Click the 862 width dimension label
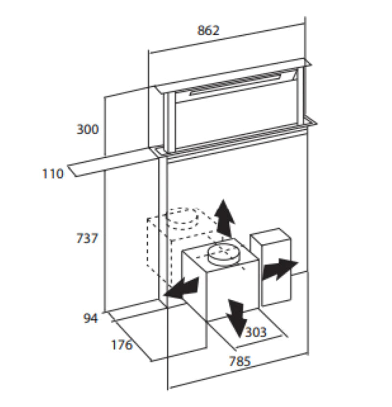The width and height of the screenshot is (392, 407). pyautogui.click(x=208, y=30)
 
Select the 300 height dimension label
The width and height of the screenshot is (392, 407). pyautogui.click(x=87, y=130)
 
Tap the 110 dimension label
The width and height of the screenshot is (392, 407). pyautogui.click(x=52, y=173)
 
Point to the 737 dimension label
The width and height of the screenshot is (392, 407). pyautogui.click(x=87, y=239)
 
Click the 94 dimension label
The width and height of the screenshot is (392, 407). pyautogui.click(x=90, y=318)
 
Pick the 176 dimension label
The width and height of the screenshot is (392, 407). pyautogui.click(x=121, y=345)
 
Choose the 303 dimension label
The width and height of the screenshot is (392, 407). pyautogui.click(x=256, y=333)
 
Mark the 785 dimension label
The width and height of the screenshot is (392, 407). pyautogui.click(x=240, y=362)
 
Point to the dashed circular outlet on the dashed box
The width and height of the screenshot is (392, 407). pyautogui.click(x=184, y=218)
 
